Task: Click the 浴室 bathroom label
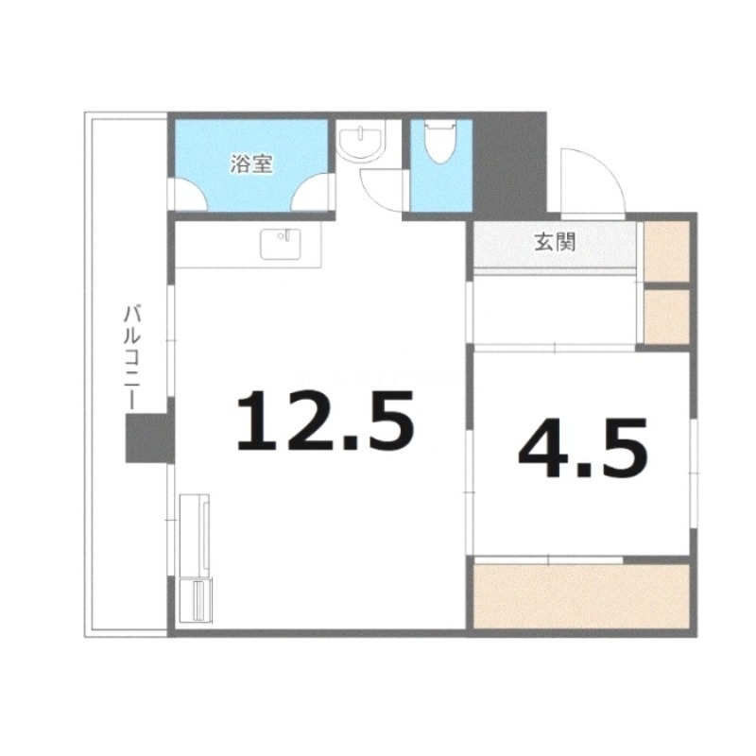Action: [x=251, y=163]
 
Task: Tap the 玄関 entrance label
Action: [x=553, y=243]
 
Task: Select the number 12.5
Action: [x=325, y=421]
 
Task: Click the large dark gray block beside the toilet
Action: [x=509, y=165]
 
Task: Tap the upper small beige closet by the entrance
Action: [x=667, y=250]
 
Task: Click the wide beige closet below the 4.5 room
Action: [x=581, y=595]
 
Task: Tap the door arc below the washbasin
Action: [x=384, y=189]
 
